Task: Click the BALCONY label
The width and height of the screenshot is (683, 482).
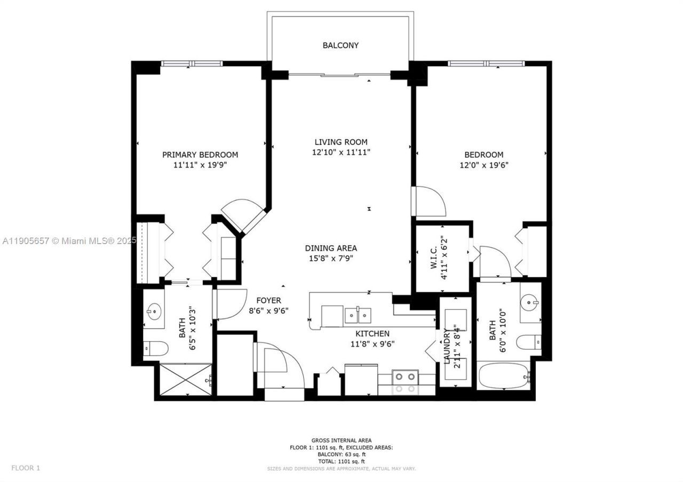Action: pos(340,45)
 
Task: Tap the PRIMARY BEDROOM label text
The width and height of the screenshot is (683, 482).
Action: pos(200,155)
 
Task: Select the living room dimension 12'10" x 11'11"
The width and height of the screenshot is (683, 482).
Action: pos(341,152)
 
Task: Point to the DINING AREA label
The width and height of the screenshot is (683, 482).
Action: pos(331,248)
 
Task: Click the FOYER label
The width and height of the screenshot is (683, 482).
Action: pos(268,300)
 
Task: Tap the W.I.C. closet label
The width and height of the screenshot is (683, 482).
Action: pos(434,256)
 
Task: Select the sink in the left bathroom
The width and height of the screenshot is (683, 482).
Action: pos(154,310)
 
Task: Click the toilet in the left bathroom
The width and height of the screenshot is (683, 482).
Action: pos(155,349)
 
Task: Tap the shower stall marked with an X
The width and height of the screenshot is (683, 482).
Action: pos(185,379)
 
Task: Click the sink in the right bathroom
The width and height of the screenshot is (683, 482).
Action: pos(530,302)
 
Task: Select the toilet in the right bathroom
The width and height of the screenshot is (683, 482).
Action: pos(529,342)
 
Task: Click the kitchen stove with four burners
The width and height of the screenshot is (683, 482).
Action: pos(406,380)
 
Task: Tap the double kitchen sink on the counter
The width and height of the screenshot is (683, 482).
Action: pos(358,316)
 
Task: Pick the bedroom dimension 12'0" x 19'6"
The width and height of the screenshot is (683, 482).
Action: pos(483,165)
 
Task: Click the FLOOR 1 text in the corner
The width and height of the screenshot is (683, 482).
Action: pos(26,468)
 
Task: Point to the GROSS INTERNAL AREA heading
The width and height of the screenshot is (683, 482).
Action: pos(341,440)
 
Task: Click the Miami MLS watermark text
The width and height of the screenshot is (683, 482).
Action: pos(69,241)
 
